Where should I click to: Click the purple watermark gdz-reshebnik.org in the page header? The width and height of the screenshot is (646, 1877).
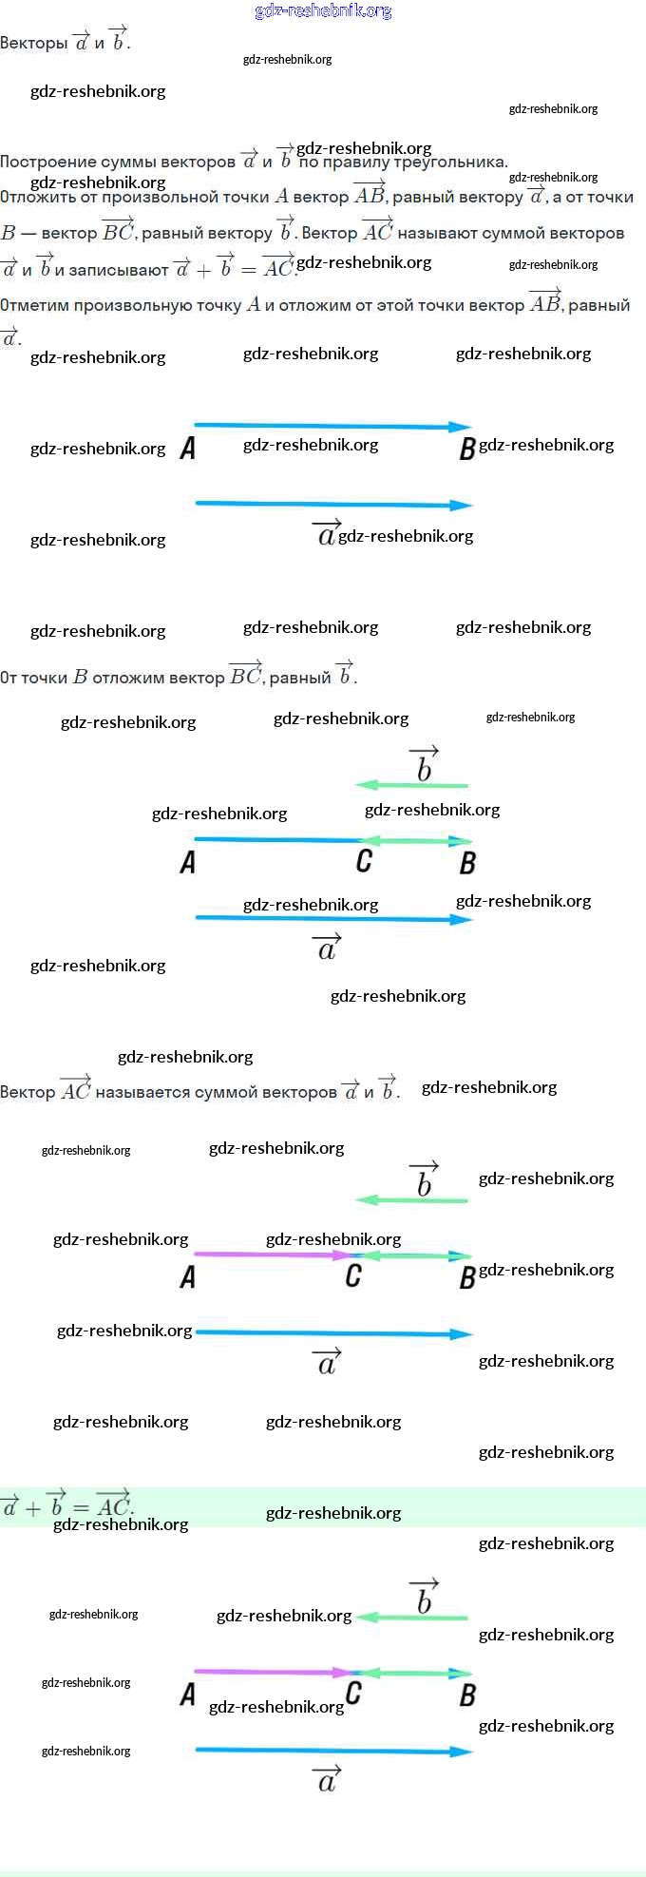coord(323,10)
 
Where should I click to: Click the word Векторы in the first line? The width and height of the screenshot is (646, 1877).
coord(33,43)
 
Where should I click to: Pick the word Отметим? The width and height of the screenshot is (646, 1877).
coord(34,306)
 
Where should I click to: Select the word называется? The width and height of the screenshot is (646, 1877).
coord(142,1092)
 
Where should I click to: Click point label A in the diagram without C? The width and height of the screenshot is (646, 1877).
coord(188,449)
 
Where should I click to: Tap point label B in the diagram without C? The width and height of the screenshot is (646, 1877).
coord(466,449)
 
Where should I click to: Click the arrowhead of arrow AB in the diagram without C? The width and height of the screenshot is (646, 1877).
coord(462,427)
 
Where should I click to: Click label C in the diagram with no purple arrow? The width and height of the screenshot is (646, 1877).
coord(364,861)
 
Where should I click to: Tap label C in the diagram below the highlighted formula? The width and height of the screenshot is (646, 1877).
coord(353,1693)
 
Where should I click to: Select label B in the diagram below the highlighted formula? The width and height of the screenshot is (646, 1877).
coord(466,1695)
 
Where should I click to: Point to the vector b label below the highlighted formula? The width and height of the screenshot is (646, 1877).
coord(424,1599)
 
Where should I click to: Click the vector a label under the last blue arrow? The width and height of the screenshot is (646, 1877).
coord(327,1779)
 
